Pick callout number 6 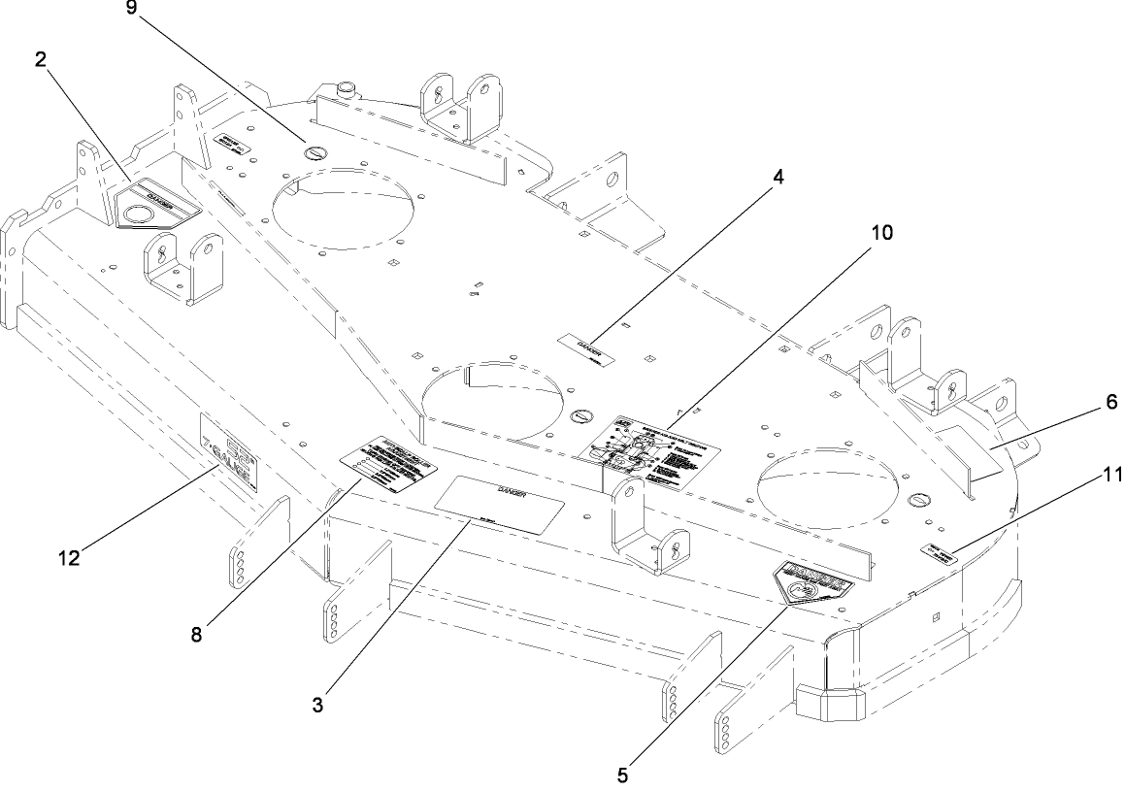pos(1108,400)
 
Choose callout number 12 pos(67,557)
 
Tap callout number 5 pos(623,775)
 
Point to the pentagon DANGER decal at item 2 pos(155,203)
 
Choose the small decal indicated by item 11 pos(938,552)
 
